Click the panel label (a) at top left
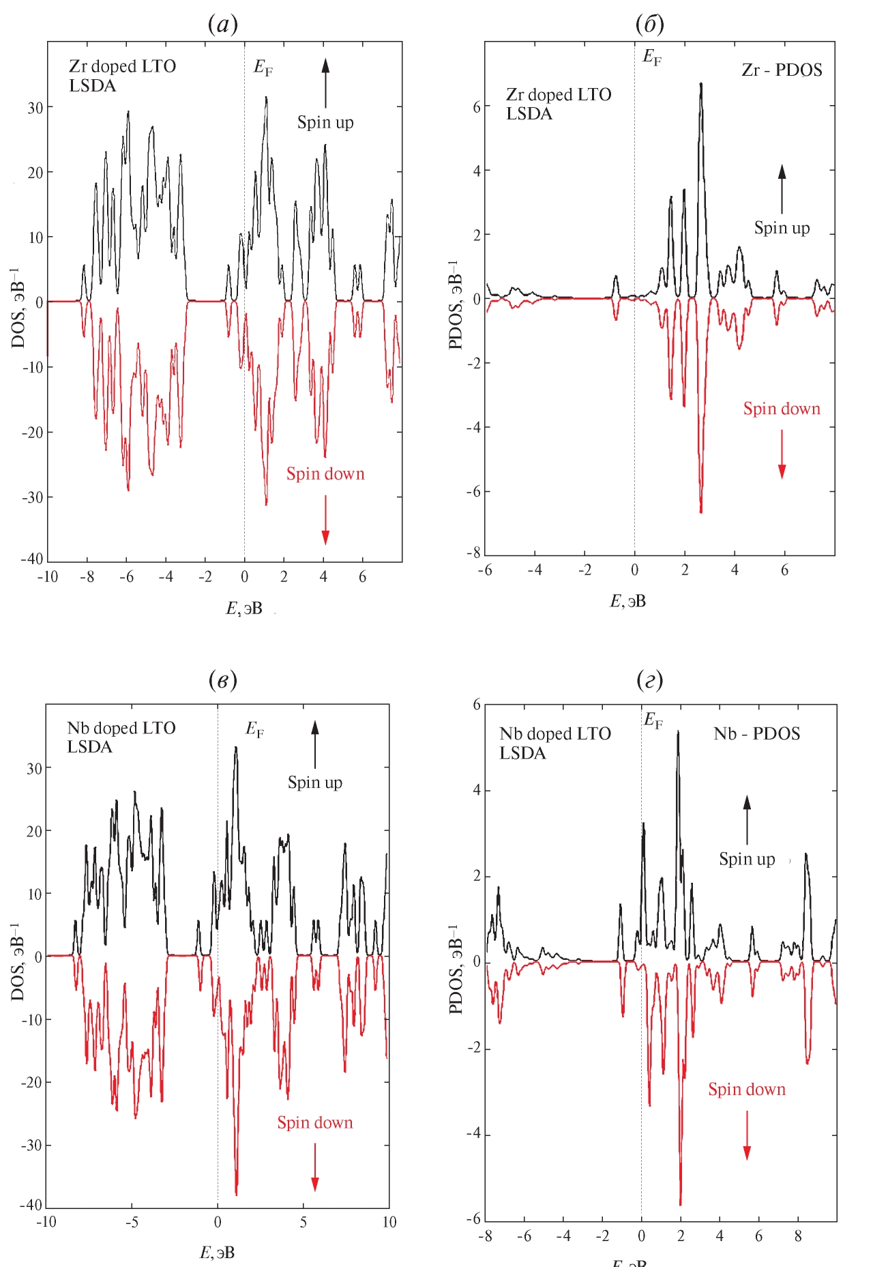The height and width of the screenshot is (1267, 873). [x=223, y=25]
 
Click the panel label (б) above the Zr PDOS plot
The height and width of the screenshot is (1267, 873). [x=649, y=25]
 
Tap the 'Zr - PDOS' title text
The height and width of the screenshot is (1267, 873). [x=782, y=70]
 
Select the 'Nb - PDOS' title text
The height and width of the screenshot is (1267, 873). [x=756, y=734]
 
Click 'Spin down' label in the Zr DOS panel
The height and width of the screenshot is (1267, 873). [x=325, y=474]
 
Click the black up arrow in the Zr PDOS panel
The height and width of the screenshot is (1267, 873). [x=782, y=189]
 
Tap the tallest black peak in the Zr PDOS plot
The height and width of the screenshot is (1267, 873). [x=700, y=85]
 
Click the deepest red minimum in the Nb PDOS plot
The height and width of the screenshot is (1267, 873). [x=680, y=1204]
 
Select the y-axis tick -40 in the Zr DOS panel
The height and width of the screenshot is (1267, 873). [x=32, y=559]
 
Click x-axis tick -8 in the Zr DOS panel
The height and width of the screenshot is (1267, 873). [x=87, y=577]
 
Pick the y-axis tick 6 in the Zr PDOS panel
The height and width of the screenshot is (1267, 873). [x=476, y=106]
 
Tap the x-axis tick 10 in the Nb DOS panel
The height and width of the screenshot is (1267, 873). [x=389, y=1222]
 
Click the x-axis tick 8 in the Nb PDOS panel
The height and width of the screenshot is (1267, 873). [x=798, y=1236]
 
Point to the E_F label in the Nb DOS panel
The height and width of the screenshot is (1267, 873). [x=255, y=730]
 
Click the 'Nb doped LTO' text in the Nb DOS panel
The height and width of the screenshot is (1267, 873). [x=121, y=729]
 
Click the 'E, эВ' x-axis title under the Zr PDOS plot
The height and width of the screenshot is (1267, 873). [x=627, y=601]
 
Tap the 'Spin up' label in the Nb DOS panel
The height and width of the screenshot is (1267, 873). [x=314, y=783]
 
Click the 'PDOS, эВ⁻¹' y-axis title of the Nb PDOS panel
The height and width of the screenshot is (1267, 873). [x=456, y=969]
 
